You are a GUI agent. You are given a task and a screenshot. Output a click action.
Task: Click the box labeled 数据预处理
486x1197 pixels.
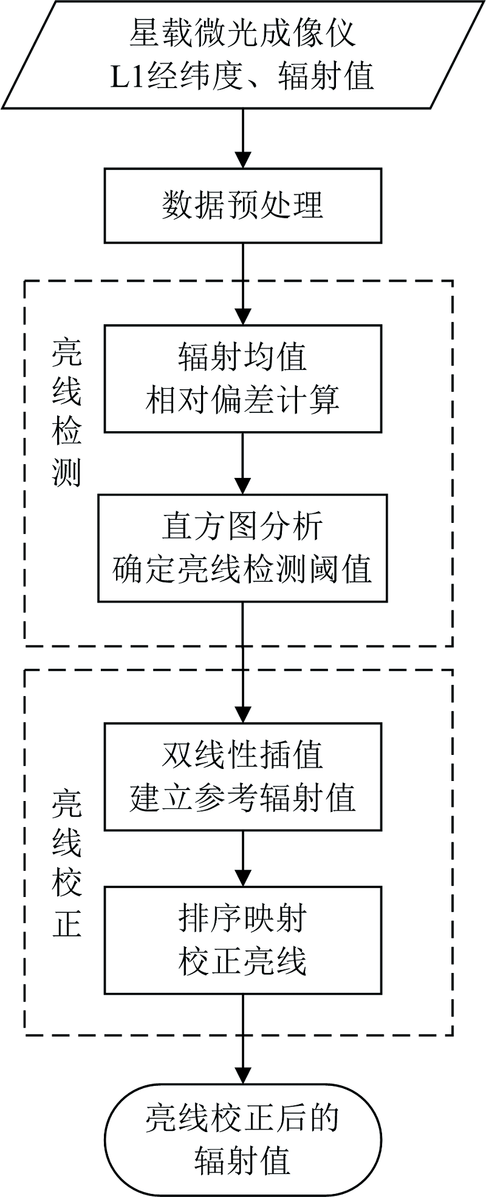[243, 206]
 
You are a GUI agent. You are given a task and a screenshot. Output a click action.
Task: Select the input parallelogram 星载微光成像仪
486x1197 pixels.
[243, 56]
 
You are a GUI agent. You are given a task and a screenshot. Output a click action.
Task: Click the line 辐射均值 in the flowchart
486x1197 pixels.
[242, 356]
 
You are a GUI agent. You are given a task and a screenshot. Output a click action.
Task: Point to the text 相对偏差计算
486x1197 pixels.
[242, 400]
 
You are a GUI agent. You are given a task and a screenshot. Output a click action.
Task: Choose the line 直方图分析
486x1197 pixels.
[242, 526]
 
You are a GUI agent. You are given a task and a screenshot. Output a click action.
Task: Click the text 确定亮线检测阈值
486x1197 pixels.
[242, 570]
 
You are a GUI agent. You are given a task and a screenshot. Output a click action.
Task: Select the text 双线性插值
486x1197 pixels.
[242, 755]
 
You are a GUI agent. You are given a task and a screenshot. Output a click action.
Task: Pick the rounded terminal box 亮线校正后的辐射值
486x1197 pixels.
[243, 1139]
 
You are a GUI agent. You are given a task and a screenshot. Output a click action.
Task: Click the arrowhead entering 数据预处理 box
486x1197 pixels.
[243, 159]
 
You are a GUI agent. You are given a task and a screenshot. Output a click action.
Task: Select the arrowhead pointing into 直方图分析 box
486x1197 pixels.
[243, 485]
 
